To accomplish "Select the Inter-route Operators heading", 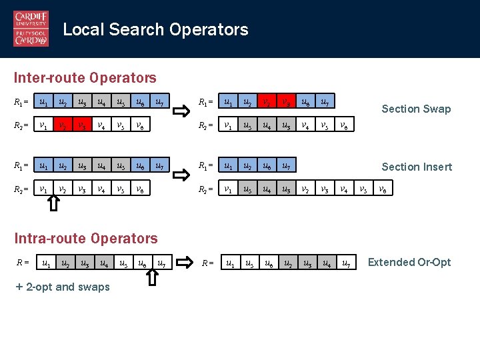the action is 85,78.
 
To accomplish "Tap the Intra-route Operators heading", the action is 86,238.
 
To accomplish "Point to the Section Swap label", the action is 416,109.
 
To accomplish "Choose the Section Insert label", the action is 417,167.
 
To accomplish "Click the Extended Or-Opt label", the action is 409,262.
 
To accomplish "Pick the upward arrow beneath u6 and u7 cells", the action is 151,275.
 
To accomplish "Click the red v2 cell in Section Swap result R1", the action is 267,103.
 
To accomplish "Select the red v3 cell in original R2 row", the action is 81,125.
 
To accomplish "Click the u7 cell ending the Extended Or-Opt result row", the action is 345,263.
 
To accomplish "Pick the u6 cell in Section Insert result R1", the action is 267,165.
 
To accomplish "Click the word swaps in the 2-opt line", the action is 95,287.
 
